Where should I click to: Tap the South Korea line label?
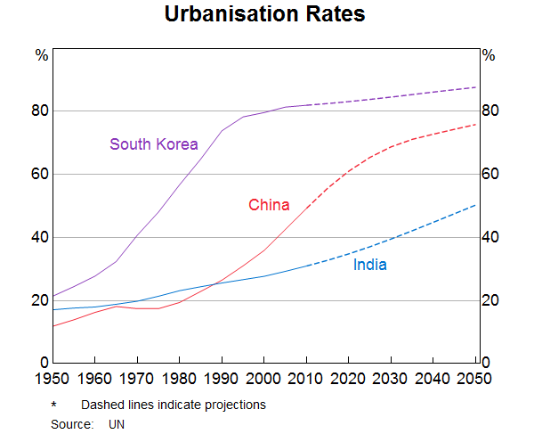[x=153, y=143]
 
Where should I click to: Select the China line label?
[x=269, y=205]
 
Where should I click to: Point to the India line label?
[x=369, y=265]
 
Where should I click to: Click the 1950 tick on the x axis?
[x=53, y=379]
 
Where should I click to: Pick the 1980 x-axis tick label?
[x=180, y=379]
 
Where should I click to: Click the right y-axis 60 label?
[x=490, y=174]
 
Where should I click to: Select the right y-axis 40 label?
[x=490, y=237]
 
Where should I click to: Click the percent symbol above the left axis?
[x=41, y=55]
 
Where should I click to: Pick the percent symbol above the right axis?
[x=489, y=55]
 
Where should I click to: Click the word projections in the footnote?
[x=236, y=405]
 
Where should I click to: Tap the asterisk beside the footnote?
[x=54, y=405]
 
